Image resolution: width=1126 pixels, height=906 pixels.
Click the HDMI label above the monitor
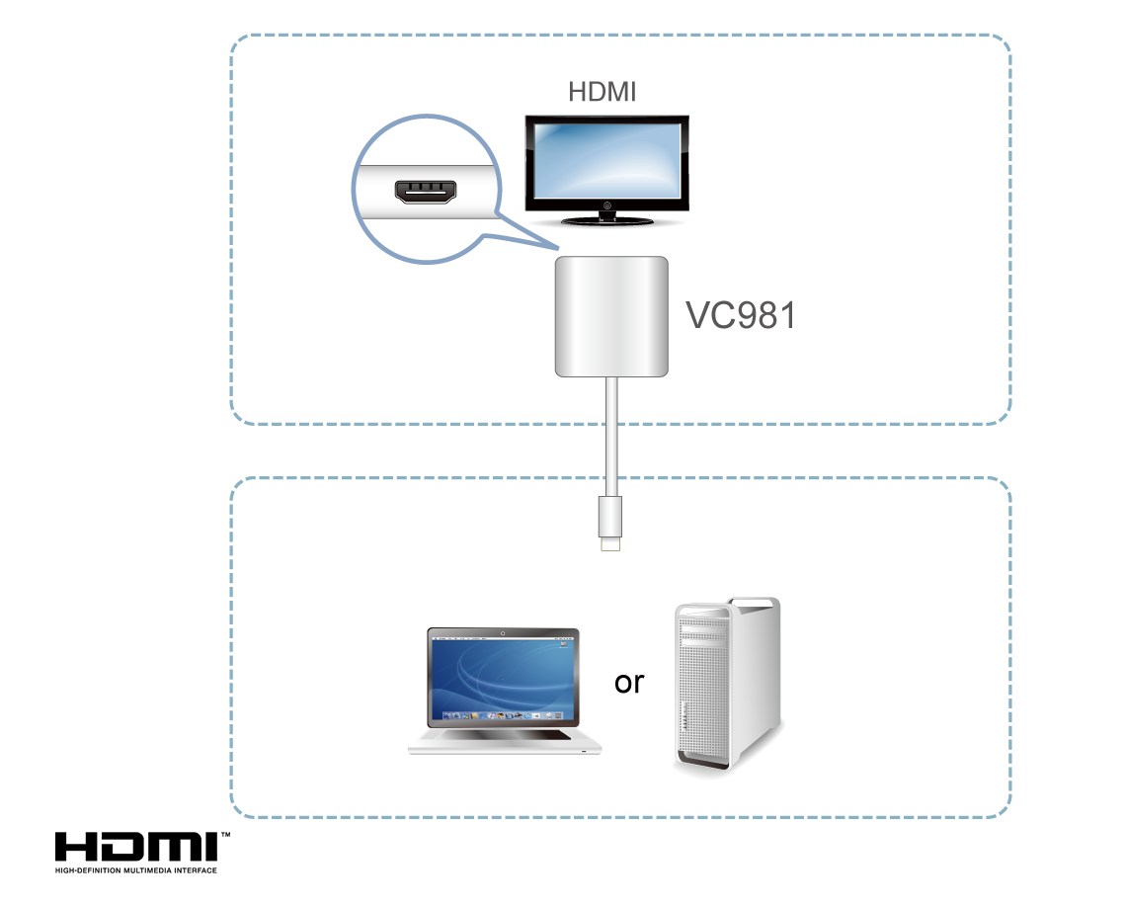click(x=602, y=93)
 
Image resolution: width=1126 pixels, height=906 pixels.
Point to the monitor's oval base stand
click(x=604, y=222)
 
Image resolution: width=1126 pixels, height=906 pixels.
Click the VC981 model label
click(x=740, y=315)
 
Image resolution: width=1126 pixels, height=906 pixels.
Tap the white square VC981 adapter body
click(x=610, y=315)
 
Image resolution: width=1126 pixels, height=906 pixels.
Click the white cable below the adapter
click(x=612, y=435)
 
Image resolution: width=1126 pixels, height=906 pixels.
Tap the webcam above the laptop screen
click(x=503, y=632)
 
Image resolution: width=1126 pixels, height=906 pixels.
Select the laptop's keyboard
click(x=504, y=735)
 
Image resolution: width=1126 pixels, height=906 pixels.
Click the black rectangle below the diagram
click(x=142, y=853)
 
